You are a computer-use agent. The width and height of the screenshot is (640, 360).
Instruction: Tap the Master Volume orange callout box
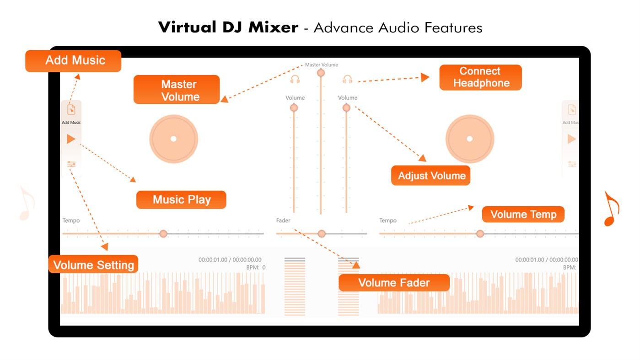click(177, 90)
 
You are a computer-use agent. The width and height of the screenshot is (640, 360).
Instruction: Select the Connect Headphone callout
click(480, 77)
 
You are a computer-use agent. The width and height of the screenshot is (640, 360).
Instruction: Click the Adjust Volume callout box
click(430, 176)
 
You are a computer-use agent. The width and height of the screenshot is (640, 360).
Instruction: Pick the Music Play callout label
click(181, 200)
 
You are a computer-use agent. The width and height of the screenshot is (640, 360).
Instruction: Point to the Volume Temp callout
click(523, 215)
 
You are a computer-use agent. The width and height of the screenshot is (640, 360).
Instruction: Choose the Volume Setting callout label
click(93, 264)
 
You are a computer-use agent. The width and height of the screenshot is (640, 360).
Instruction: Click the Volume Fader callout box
click(394, 282)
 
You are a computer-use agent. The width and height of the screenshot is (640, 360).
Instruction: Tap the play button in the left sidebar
click(71, 139)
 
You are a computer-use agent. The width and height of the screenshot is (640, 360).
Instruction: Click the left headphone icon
click(295, 80)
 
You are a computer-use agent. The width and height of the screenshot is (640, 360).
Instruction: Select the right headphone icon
click(348, 80)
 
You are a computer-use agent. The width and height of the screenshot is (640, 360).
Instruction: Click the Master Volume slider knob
click(321, 73)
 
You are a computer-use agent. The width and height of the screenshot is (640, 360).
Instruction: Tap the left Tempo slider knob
click(163, 234)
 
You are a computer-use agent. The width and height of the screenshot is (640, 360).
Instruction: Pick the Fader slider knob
click(322, 234)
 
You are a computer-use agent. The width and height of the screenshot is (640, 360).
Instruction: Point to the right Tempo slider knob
click(480, 234)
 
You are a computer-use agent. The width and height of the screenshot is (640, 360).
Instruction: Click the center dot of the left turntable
click(173, 139)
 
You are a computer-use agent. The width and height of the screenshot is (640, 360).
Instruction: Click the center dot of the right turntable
click(469, 139)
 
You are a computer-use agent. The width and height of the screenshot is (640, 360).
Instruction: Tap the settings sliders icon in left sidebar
click(71, 164)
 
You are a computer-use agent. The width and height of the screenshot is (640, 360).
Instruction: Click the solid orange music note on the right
click(611, 209)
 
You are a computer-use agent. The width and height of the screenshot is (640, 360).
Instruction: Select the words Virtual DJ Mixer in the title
click(228, 27)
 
